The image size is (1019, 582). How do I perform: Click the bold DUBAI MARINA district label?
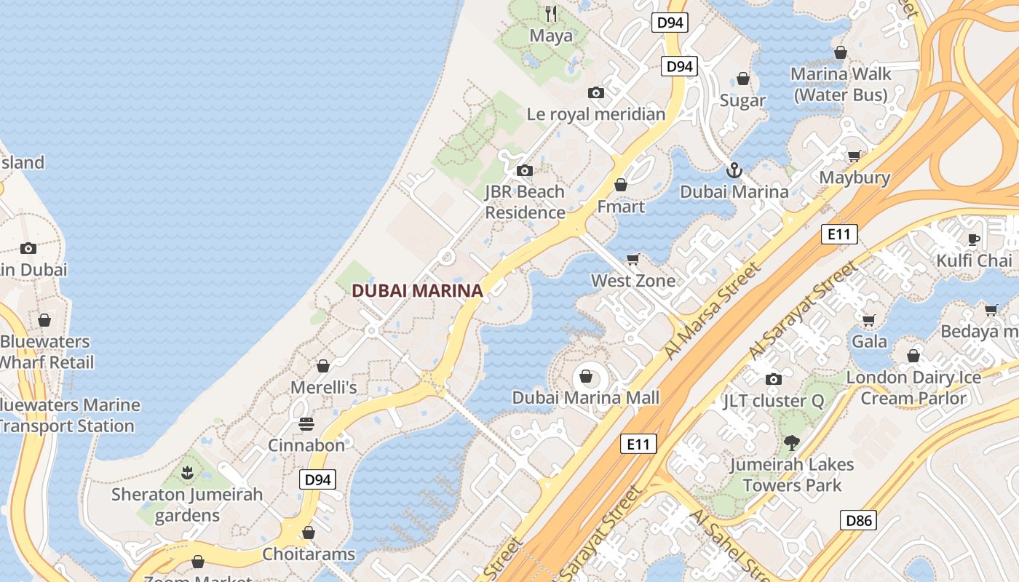pos(417,291)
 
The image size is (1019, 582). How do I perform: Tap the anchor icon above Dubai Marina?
pos(734,171)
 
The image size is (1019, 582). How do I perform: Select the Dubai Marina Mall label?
pos(586,398)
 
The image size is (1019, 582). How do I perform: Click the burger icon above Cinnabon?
pos(306,424)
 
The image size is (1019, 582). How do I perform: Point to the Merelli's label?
pos(324,388)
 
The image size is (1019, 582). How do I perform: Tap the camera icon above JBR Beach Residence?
pos(524,171)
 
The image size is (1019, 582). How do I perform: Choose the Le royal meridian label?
pos(596,114)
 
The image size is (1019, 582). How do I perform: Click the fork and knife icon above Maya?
pos(551,13)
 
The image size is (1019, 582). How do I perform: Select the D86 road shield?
pos(858,520)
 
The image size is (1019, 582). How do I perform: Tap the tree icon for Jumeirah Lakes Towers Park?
pos(792,442)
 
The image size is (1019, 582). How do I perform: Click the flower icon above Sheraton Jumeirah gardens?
pos(187,474)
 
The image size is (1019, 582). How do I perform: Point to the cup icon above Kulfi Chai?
pos(974,239)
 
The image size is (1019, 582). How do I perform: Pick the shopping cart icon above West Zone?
pos(633,260)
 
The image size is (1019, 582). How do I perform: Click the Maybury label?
pos(855,178)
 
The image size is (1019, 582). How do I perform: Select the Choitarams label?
pos(309,554)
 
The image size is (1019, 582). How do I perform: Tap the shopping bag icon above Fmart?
pos(621,186)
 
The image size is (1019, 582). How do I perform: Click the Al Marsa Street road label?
pos(713,311)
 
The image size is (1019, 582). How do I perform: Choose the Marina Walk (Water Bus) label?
pos(841,84)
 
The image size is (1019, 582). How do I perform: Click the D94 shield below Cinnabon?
pos(317,479)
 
